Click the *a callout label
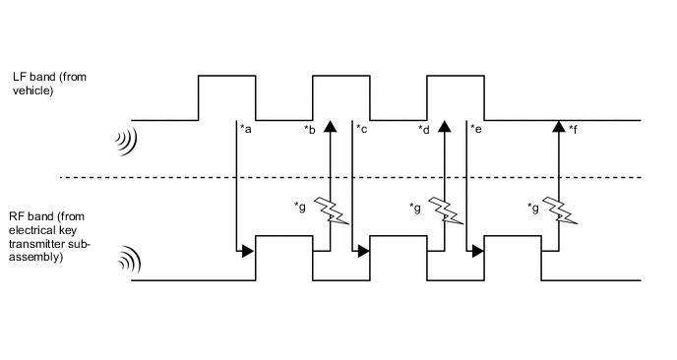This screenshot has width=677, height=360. point(247,130)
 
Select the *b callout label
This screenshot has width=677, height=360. point(310,130)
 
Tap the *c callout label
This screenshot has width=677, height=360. point(361,130)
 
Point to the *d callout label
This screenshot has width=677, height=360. point(424,130)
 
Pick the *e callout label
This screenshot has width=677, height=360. point(475,130)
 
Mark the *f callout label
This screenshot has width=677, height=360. point(573,130)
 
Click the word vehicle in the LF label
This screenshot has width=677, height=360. point(32,90)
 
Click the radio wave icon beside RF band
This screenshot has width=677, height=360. point(125,262)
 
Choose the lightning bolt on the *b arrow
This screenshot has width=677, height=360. point(331,210)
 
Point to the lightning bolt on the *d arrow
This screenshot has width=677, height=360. point(445,210)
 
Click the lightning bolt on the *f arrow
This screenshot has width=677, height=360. point(560,210)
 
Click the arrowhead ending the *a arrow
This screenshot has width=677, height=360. point(249,251)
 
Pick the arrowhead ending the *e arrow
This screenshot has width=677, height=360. point(478,251)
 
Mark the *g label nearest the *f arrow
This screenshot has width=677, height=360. point(532,207)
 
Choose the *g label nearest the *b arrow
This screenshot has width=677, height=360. point(300,207)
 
